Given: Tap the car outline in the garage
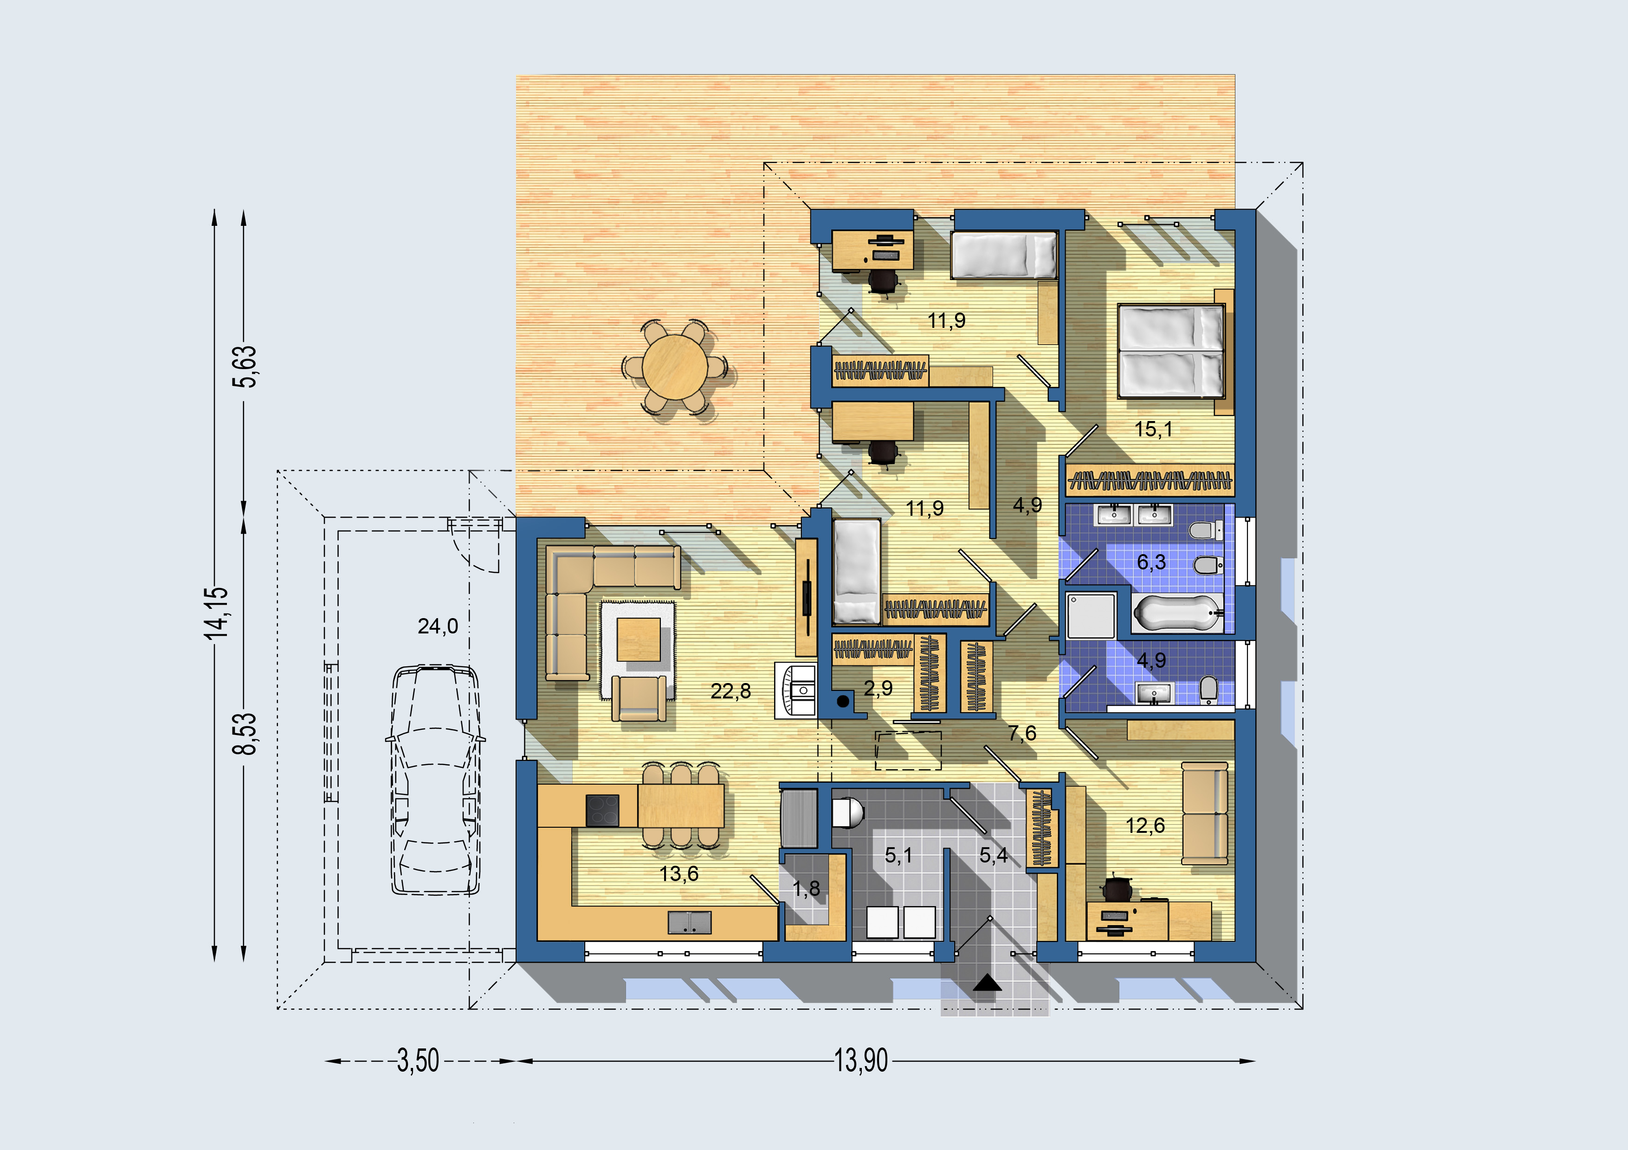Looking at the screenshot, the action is coord(435,779).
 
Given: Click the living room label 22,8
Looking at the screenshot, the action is coord(730,691).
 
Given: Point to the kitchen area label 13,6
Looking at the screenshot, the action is coord(678,874).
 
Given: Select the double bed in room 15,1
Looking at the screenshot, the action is coord(1171,351).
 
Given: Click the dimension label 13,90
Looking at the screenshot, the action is coord(861,1061).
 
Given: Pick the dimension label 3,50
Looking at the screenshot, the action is coord(418,1061).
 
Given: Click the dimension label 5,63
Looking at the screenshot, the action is coord(246,366).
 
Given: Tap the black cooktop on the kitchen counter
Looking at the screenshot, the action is coord(602,811).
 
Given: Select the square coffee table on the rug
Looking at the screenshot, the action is coord(638,639).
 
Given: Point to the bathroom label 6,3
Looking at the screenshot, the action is coord(1151,562).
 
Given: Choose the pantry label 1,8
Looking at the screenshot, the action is coord(806,888).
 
